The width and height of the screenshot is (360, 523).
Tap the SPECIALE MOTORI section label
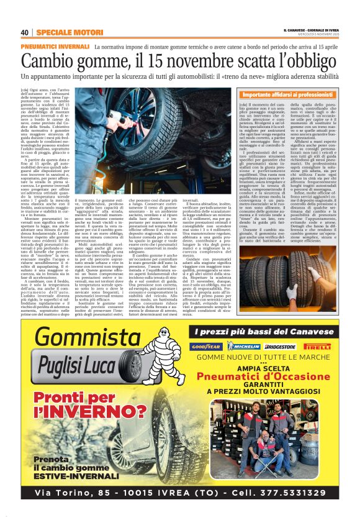click(61, 32)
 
